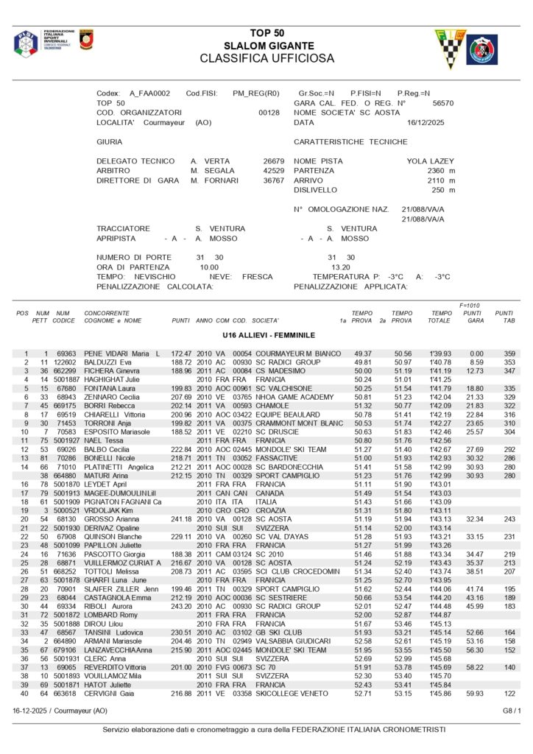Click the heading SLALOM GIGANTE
coord(268,46)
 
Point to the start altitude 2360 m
coord(441,170)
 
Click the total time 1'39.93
coord(441,353)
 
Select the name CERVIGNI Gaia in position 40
coord(110,694)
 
